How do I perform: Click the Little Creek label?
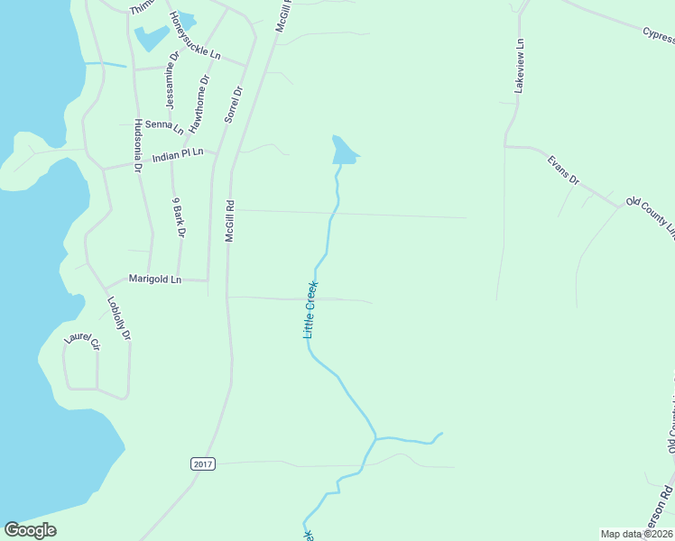tap(310, 310)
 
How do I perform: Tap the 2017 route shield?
tap(203, 463)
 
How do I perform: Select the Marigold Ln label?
tap(154, 280)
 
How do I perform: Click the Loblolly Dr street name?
tap(119, 318)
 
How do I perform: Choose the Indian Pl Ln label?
tap(178, 155)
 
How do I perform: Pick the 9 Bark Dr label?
tap(178, 217)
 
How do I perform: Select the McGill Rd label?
tap(230, 220)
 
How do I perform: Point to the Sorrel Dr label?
tap(234, 104)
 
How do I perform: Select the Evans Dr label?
tap(564, 170)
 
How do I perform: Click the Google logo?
tap(30, 530)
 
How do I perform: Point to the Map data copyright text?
tap(635, 534)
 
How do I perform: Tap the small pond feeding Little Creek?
tap(343, 152)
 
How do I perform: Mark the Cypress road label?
tap(658, 34)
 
